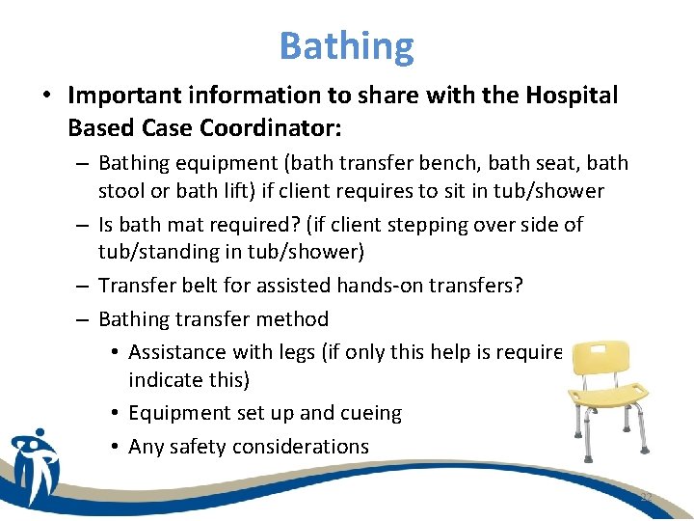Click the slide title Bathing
point(346,45)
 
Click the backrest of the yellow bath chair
point(601,358)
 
